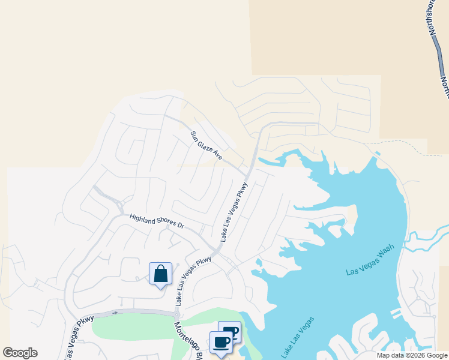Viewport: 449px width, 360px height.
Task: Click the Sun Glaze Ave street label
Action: [206, 145]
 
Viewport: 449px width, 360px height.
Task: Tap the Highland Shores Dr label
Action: [157, 221]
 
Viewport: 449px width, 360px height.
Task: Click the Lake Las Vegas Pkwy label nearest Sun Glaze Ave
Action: [234, 212]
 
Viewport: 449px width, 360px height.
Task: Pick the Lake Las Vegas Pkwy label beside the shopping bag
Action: [194, 278]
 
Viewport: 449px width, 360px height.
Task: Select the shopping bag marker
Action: [160, 274]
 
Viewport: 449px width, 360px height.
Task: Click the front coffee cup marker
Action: [221, 342]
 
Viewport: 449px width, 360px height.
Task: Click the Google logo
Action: [20, 353]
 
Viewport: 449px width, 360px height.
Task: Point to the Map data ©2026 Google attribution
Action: [411, 355]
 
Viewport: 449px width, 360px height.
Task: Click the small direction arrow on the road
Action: [115, 313]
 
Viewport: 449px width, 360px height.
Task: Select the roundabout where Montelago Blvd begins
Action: [177, 314]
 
